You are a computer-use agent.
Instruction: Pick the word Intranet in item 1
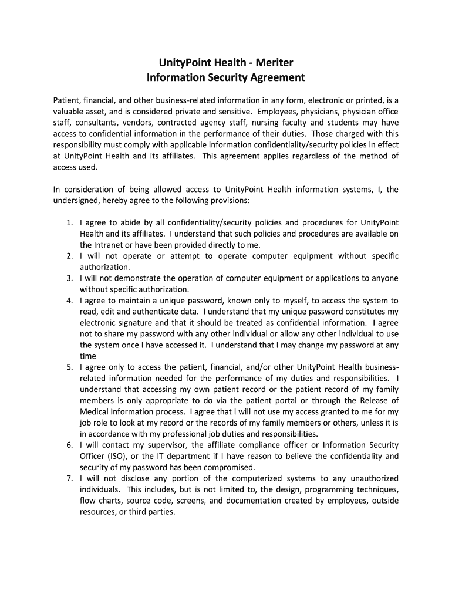coord(112,245)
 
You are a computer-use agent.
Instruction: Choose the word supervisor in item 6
coord(161,445)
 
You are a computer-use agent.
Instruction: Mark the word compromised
coord(228,468)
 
